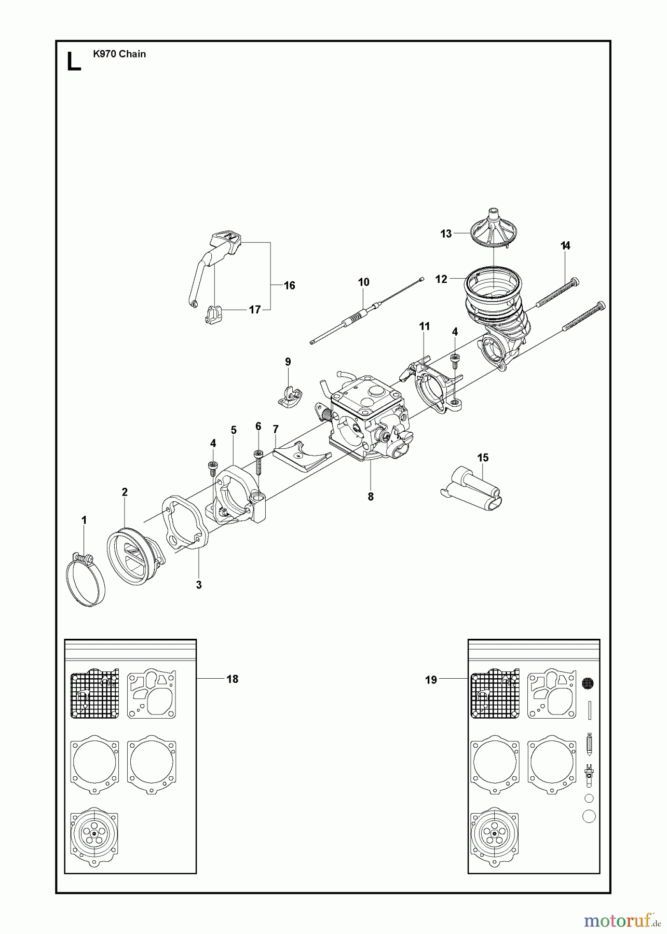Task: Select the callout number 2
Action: tap(125, 492)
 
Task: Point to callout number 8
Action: tap(371, 497)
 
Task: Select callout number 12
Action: tap(441, 279)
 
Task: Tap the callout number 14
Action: tap(566, 246)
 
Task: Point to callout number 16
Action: tap(289, 285)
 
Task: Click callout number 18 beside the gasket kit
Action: tap(232, 679)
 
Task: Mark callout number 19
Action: tap(431, 680)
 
